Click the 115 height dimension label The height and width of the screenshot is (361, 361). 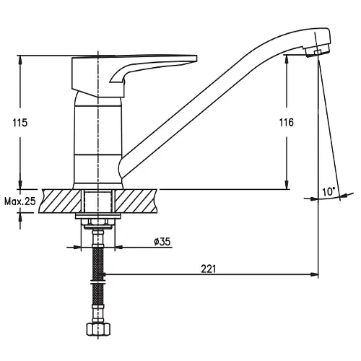[x=20, y=123]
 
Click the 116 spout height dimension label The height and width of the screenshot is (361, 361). [x=287, y=123]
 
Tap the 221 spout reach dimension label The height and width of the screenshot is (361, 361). [x=209, y=269]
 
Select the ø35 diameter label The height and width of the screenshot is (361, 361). [x=162, y=241]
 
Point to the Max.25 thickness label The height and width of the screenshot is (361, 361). [x=20, y=201]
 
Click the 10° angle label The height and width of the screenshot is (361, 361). [x=329, y=192]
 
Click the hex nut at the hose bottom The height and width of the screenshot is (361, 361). [x=98, y=329]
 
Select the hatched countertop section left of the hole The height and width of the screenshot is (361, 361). [x=61, y=201]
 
